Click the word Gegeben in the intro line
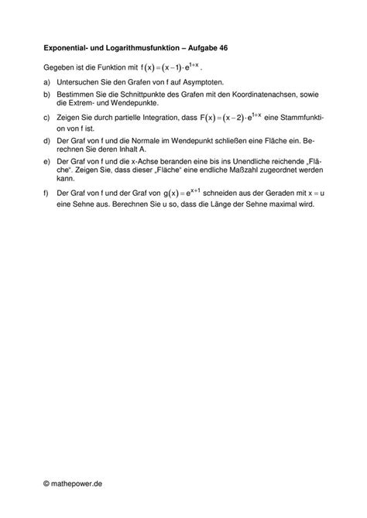coord(60,68)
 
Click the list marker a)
coord(48,82)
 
